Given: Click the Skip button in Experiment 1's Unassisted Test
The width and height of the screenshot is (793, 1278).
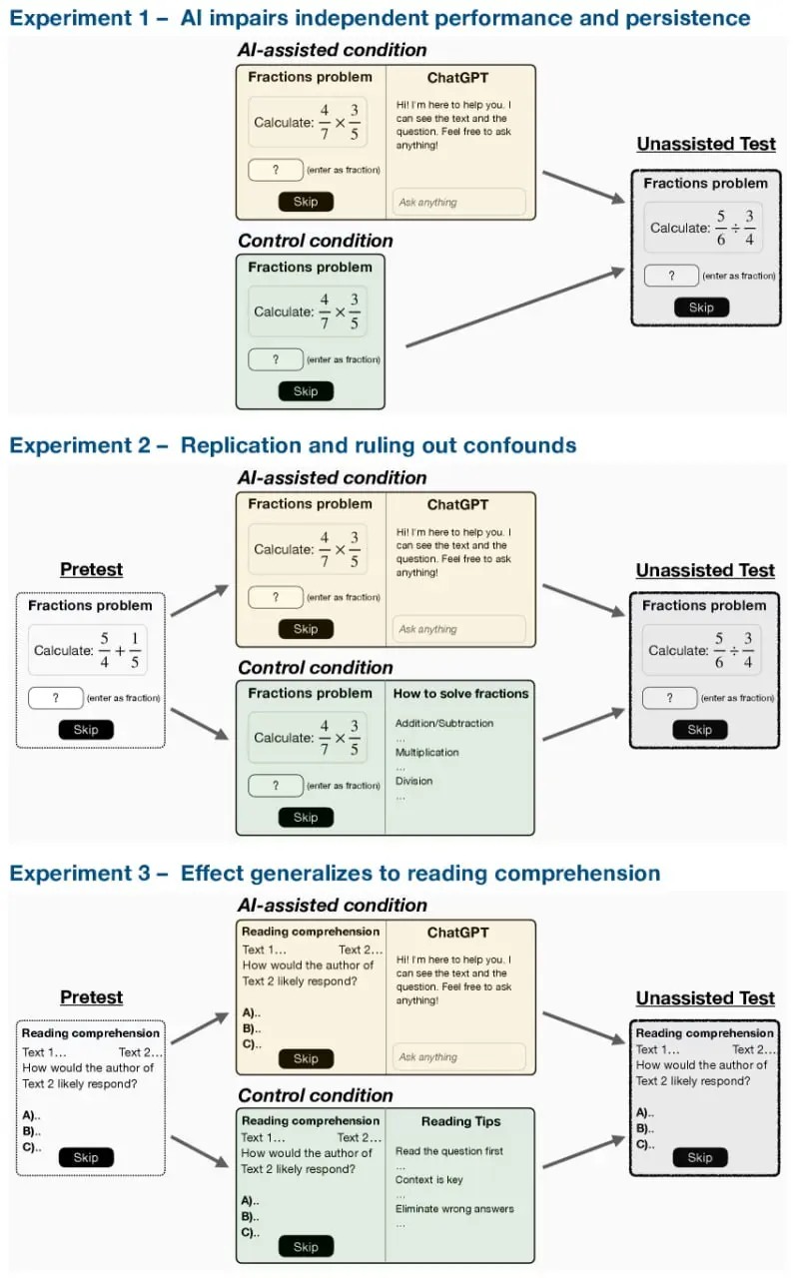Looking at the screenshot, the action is click(x=701, y=308).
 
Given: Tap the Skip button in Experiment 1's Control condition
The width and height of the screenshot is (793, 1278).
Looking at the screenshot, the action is click(x=306, y=391).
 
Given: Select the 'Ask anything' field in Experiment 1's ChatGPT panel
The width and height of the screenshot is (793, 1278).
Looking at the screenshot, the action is click(x=458, y=202).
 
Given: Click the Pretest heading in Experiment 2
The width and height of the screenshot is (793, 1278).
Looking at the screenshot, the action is click(x=91, y=569).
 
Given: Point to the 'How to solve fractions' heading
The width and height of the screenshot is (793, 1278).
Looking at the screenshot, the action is click(x=461, y=694).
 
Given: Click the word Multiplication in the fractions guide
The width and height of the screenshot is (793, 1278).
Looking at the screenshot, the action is click(x=426, y=753).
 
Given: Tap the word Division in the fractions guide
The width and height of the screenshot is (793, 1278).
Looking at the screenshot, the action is click(x=414, y=781).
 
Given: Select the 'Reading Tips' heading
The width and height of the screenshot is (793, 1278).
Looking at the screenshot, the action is click(x=461, y=1121).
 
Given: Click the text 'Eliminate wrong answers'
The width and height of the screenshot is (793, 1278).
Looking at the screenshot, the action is click(x=454, y=1209).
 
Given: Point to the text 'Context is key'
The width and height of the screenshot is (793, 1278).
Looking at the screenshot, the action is click(x=429, y=1180).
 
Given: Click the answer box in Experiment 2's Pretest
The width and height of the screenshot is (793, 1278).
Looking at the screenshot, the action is click(x=56, y=698).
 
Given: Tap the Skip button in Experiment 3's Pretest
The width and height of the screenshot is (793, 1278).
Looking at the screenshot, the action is click(x=86, y=1157).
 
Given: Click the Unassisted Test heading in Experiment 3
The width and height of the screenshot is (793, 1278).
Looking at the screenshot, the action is click(x=705, y=997).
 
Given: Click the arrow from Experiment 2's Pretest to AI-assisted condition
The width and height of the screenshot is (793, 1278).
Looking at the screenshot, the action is click(x=200, y=600).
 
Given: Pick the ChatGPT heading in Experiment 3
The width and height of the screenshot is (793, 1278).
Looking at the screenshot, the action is click(x=458, y=933).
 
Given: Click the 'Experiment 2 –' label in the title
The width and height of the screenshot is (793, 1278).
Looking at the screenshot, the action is click(x=89, y=445).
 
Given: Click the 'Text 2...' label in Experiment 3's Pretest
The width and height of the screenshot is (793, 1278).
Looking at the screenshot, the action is click(x=141, y=1052).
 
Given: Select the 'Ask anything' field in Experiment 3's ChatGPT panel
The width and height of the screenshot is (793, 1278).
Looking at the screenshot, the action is click(x=458, y=1057).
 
